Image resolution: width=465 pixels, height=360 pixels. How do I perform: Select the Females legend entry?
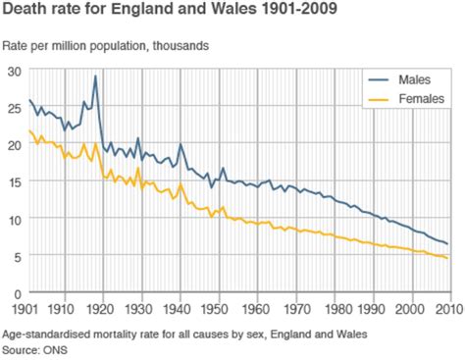click(422, 98)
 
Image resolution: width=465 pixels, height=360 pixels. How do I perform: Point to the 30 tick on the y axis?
click(12, 71)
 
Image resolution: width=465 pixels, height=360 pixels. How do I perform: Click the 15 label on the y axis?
click(12, 182)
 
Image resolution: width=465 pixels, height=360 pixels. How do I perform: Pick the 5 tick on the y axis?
click(15, 256)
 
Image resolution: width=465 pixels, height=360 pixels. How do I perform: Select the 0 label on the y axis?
click(15, 293)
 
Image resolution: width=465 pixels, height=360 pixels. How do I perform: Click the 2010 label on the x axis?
click(448, 306)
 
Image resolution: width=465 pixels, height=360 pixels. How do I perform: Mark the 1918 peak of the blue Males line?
click(95, 76)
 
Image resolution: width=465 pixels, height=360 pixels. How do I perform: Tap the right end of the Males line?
click(448, 244)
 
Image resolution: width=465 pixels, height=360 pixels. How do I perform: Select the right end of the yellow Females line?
click(448, 259)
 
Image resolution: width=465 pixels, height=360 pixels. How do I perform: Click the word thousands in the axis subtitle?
click(179, 46)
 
